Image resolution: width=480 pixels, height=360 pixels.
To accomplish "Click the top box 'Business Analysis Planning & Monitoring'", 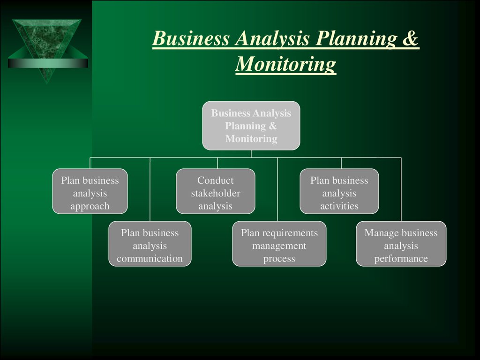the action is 251,126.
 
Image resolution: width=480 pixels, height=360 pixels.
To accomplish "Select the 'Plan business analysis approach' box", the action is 90,191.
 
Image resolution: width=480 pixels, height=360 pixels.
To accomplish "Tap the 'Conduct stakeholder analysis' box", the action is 216,191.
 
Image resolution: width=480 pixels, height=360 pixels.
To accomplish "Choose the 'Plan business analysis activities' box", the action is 339,191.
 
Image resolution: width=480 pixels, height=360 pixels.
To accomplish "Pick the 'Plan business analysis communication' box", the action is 150,244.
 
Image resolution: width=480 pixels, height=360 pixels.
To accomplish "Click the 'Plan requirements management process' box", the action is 279,244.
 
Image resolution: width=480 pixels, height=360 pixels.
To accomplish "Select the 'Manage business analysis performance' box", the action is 401,244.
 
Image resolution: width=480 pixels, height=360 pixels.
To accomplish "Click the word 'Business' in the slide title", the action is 191,38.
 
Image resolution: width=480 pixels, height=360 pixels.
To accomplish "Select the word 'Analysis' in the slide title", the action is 272,39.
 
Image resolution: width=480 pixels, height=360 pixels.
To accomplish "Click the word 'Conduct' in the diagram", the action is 216,180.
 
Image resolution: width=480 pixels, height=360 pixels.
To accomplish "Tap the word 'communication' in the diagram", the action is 150,259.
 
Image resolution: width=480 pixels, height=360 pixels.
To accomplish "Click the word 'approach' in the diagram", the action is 90,207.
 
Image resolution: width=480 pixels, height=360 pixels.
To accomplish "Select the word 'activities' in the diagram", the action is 339,206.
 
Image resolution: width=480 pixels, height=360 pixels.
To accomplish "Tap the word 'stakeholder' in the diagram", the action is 216,193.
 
